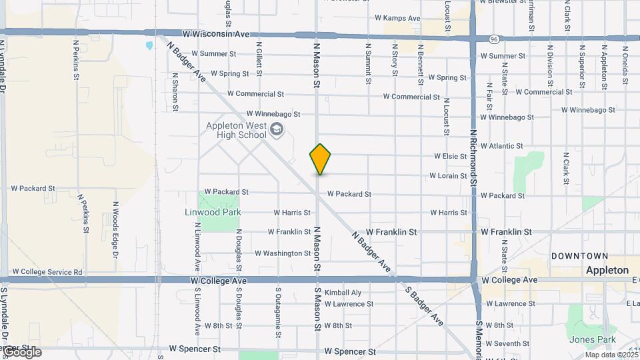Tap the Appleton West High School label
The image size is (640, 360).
tap(235, 131)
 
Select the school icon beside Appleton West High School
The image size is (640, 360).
tap(277, 129)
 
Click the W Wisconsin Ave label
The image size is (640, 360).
tap(217, 34)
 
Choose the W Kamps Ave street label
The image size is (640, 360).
tap(397, 18)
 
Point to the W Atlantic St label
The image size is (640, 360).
tap(501, 145)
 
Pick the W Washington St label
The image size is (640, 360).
tap(283, 253)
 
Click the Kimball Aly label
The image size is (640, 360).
tap(343, 293)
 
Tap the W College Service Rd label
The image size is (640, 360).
tap(47, 272)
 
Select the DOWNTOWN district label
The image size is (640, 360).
tap(579, 256)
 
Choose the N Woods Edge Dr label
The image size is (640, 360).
tap(115, 230)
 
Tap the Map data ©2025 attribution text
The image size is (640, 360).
tap(611, 355)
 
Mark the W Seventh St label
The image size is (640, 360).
tap(507, 344)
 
